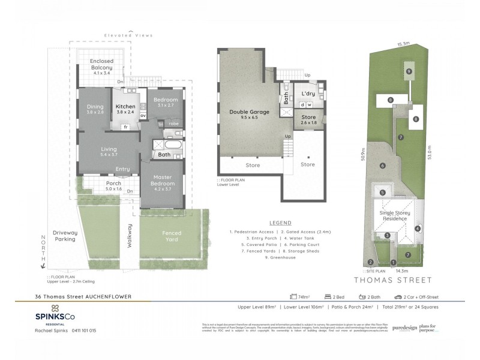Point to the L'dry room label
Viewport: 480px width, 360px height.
coord(308,94)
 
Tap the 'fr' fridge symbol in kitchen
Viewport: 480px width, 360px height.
coord(125,127)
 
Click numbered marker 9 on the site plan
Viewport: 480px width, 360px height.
coord(409,71)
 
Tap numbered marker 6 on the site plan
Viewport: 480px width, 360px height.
coord(382,166)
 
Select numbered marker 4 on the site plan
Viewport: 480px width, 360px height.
coord(417,227)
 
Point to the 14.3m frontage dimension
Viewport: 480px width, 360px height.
coord(395,271)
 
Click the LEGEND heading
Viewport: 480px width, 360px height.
coord(280,222)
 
